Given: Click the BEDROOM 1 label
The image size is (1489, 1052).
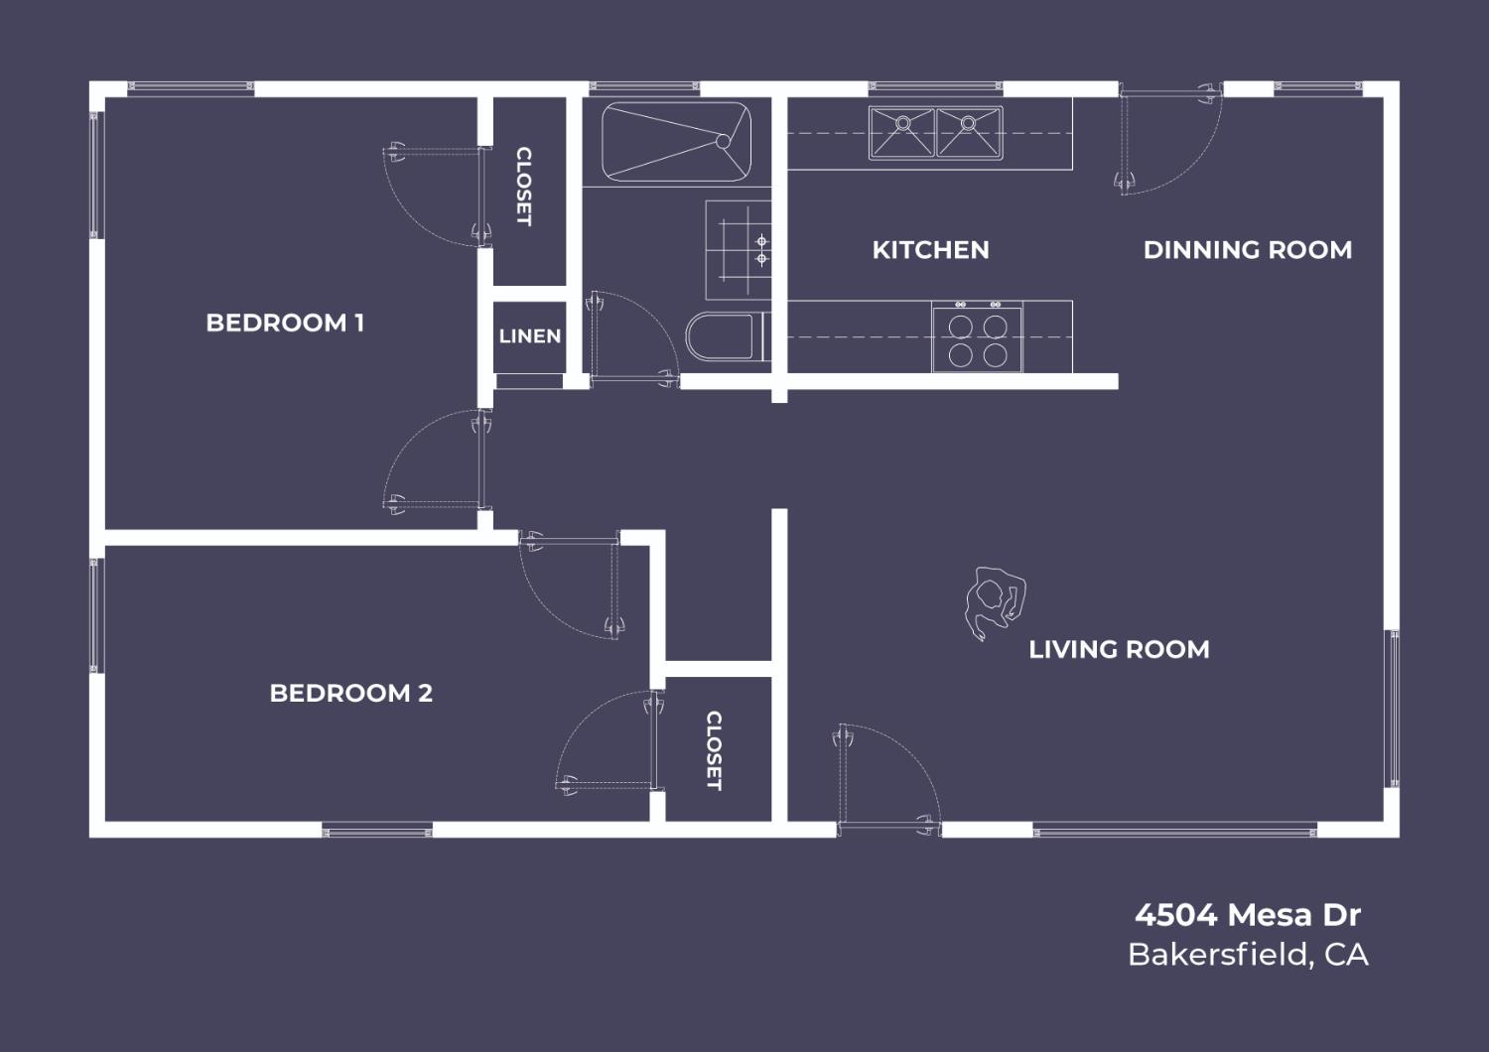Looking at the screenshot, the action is click(x=285, y=323).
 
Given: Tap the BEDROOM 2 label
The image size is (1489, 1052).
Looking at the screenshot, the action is click(x=351, y=693).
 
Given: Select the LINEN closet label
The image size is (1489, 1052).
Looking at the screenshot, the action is click(x=530, y=336).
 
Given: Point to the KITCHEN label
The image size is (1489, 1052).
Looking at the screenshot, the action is click(x=931, y=250).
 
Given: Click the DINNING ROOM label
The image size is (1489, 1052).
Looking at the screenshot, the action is click(x=1248, y=250).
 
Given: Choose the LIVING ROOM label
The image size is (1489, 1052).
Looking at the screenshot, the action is click(x=1120, y=649).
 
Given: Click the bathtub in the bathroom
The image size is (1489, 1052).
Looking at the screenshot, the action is click(x=677, y=142).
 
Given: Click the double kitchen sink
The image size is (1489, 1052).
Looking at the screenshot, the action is click(x=935, y=133).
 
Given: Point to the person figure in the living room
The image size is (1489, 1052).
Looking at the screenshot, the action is click(x=995, y=602).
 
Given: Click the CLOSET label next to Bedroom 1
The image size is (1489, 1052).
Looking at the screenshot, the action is click(x=524, y=187).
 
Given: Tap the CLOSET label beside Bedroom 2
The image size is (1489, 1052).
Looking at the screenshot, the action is click(x=714, y=751).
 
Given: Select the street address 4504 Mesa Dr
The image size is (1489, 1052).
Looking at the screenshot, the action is click(x=1248, y=914).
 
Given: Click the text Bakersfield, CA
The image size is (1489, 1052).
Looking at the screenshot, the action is click(x=1248, y=955).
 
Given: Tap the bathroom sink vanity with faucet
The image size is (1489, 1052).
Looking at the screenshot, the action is click(x=739, y=250).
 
